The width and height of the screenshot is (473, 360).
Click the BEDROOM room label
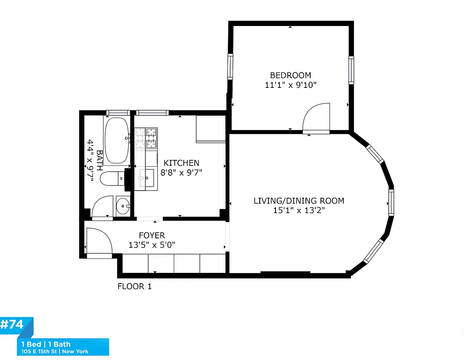[x=290, y=75]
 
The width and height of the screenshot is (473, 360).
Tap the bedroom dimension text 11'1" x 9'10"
[x=290, y=85]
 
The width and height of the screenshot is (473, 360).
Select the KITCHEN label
[x=181, y=163]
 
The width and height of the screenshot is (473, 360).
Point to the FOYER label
[x=152, y=235]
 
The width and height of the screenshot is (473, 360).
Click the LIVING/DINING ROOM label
[x=299, y=200]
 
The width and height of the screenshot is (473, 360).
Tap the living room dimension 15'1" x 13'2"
[x=299, y=210]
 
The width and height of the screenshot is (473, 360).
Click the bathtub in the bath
[x=117, y=140]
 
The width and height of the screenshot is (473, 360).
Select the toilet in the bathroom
[x=112, y=178]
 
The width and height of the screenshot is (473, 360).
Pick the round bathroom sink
[x=123, y=206]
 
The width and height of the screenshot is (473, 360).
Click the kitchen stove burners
[x=146, y=138]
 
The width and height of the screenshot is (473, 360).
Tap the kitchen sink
[x=147, y=178]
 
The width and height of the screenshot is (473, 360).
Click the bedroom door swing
[x=316, y=118]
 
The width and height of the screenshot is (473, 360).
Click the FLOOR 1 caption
[x=134, y=286]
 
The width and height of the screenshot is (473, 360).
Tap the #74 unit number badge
[x=12, y=324]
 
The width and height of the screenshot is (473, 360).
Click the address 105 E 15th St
[x=39, y=351]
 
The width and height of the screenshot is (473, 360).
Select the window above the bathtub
[x=118, y=113]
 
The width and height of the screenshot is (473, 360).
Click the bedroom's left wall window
[x=230, y=67]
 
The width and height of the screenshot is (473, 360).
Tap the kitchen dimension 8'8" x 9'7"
[x=181, y=173]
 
